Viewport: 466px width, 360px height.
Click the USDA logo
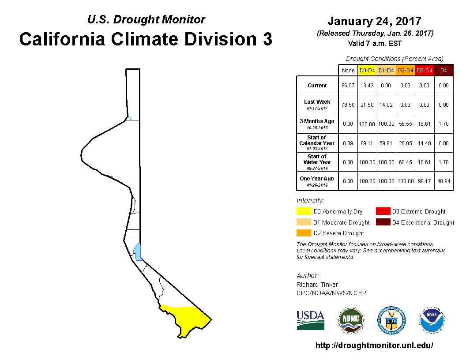(x=310, y=320)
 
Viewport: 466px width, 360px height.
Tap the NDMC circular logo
(x=351, y=320)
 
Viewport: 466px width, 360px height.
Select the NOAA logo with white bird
(x=432, y=320)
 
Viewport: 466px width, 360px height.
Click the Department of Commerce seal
(x=391, y=320)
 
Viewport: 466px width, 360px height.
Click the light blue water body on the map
(x=137, y=251)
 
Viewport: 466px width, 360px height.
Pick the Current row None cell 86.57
(x=348, y=86)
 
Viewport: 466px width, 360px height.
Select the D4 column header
(x=443, y=71)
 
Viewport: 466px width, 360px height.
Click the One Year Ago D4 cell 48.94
(x=443, y=181)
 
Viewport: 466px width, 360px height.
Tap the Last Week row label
(x=317, y=105)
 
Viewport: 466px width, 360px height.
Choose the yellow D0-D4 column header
(x=367, y=71)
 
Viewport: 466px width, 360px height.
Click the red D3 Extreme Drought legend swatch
(x=383, y=211)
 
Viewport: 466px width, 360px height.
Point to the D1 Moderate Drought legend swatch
(x=304, y=222)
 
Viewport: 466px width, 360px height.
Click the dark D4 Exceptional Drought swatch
(x=383, y=222)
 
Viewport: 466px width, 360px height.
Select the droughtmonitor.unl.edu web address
(x=375, y=345)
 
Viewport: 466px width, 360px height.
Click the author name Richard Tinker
(x=317, y=285)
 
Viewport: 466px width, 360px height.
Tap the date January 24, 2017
(x=375, y=21)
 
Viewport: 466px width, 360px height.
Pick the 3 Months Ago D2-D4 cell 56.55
(x=406, y=124)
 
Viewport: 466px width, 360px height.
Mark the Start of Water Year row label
(x=317, y=162)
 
